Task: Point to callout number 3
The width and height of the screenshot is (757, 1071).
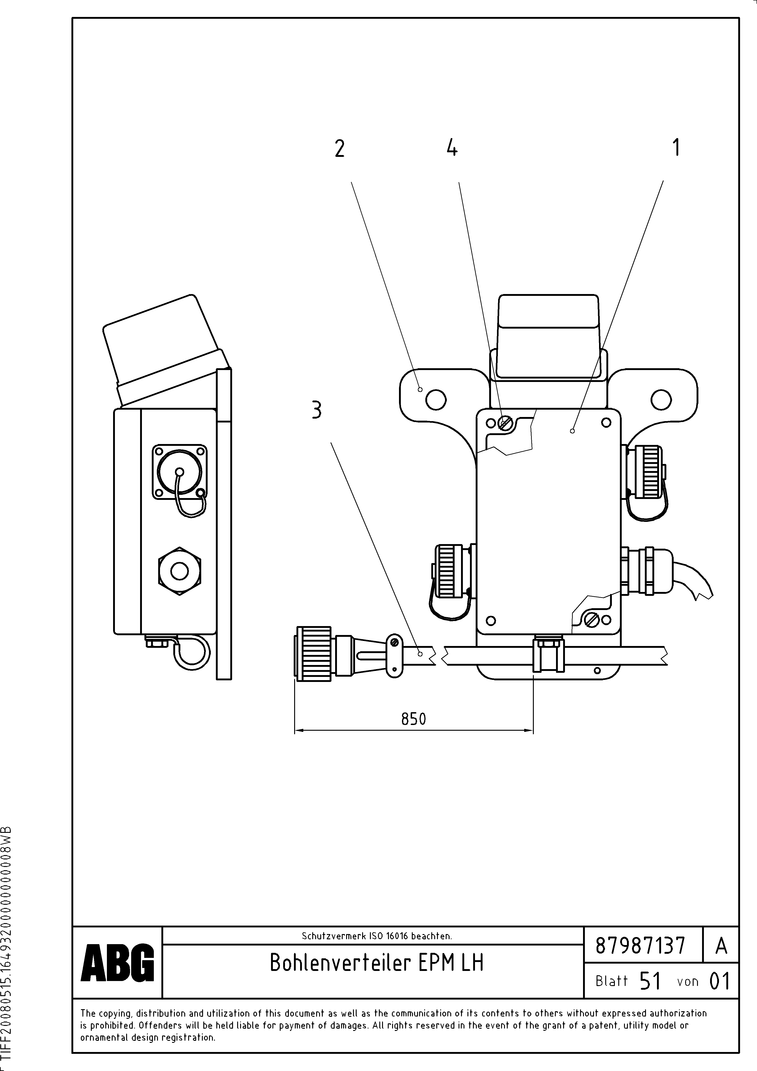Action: click(317, 411)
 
